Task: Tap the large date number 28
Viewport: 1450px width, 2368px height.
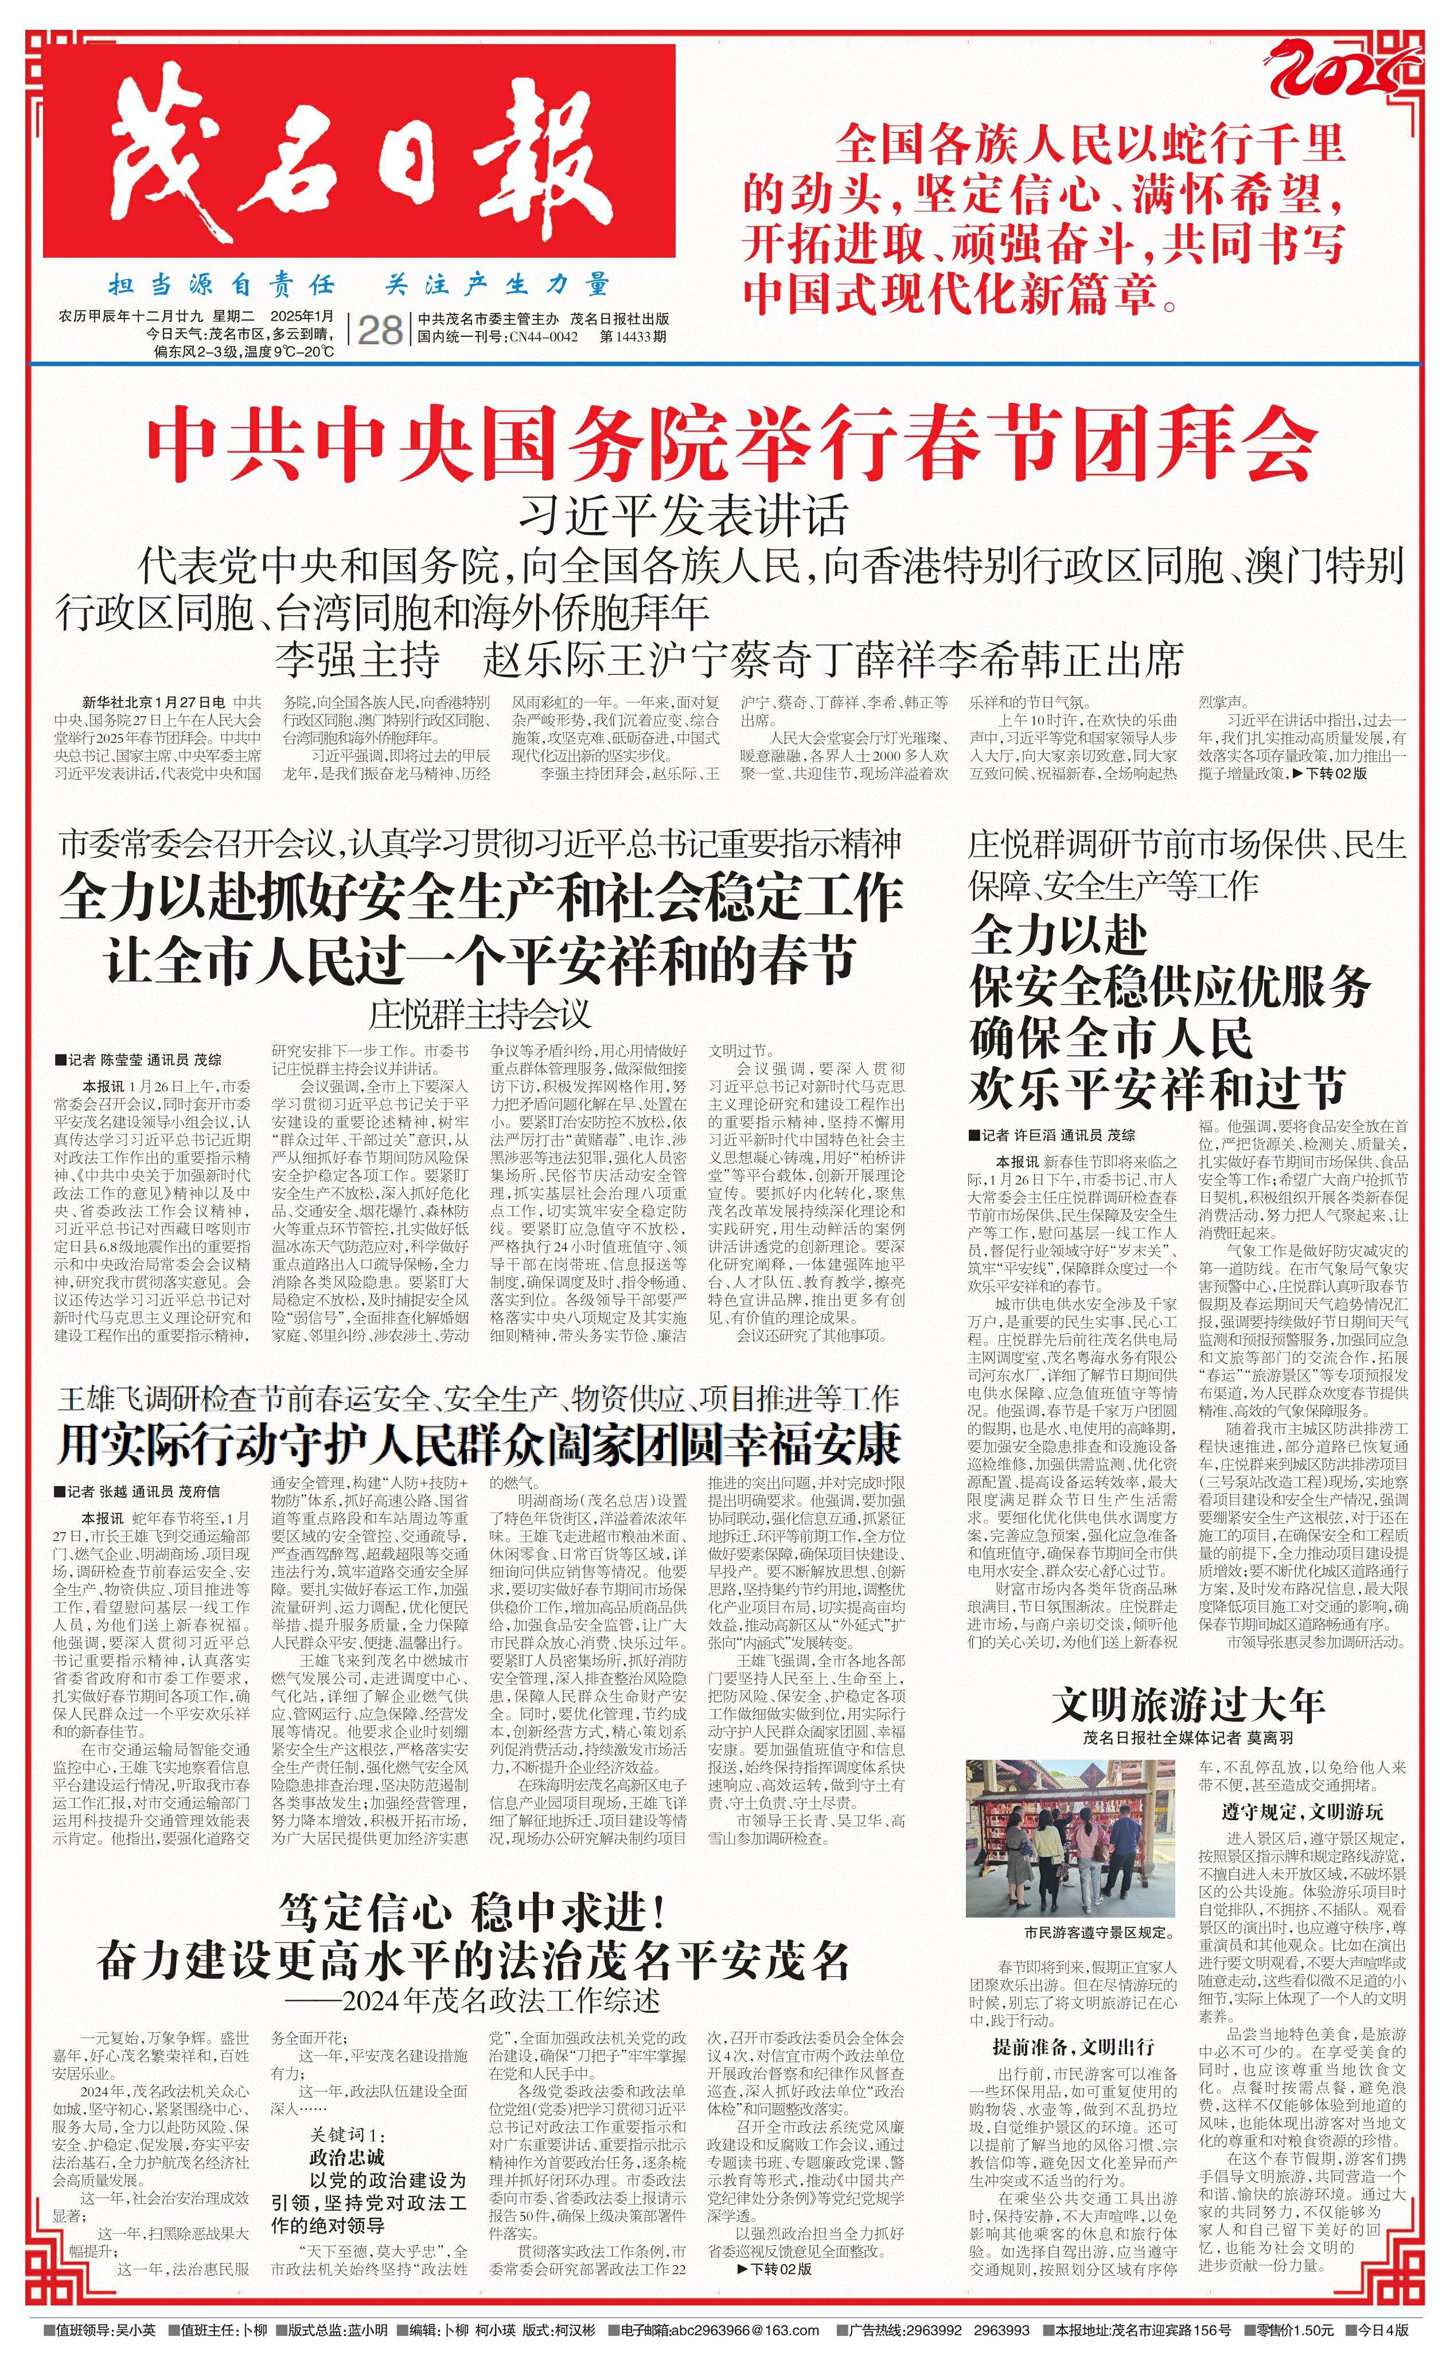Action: (380, 329)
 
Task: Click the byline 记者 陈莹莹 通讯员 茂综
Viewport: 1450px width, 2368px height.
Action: (139, 1060)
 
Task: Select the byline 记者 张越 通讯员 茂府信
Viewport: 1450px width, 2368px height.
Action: (138, 1491)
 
